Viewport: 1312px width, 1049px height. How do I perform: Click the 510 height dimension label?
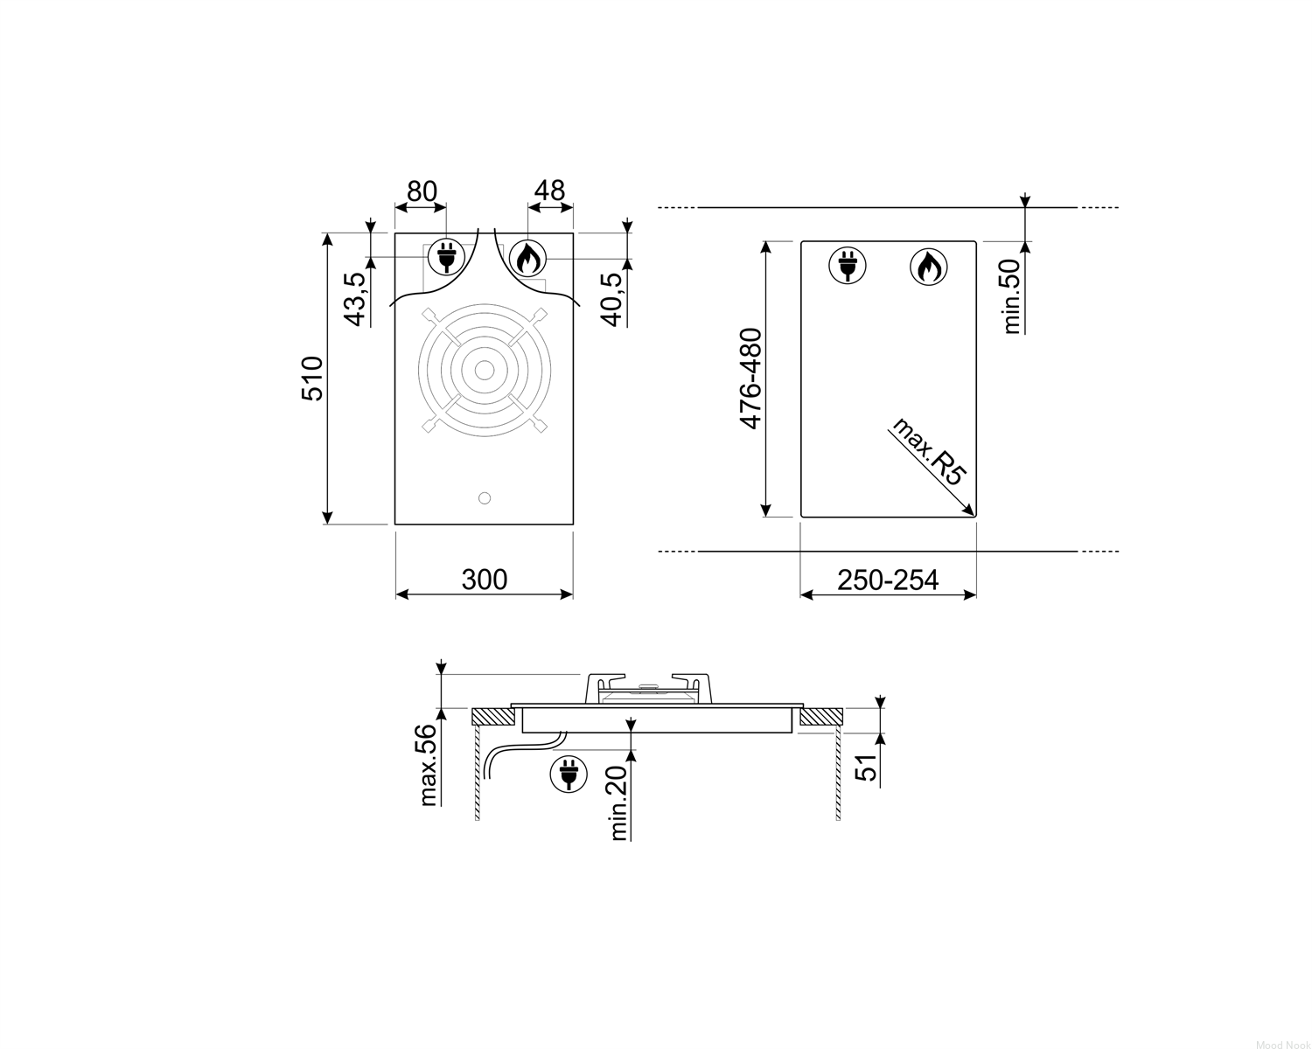pos(312,378)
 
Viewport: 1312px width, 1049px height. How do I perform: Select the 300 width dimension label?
pos(484,580)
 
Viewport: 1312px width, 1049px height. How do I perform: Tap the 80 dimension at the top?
pos(422,191)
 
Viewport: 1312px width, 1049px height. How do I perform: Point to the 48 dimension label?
pos(549,191)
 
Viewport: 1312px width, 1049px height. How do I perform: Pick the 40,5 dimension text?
pos(611,299)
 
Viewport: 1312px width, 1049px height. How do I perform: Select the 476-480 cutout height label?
pos(750,379)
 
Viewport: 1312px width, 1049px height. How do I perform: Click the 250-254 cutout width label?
pos(888,580)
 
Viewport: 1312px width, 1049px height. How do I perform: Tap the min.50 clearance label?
pos(1011,297)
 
